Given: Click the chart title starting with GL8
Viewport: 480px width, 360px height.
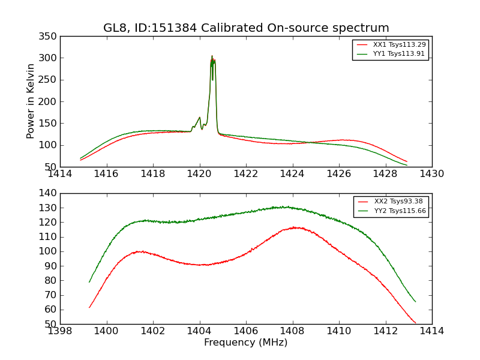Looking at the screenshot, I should (x=246, y=28).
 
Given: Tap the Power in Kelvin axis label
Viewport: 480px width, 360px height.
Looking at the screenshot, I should (x=31, y=101).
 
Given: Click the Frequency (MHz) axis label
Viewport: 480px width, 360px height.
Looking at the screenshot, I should (x=246, y=343).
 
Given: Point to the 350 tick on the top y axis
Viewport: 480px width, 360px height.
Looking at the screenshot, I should (x=50, y=37).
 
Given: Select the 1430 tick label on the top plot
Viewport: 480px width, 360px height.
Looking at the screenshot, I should (x=431, y=174).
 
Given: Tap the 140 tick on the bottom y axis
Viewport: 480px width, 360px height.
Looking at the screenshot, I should (x=50, y=193).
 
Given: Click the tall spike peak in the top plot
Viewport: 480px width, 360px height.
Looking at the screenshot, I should (x=212, y=56).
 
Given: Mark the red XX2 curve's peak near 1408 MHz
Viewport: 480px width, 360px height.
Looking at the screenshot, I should (x=294, y=227).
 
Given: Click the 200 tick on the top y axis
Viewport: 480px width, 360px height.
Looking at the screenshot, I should (x=50, y=102).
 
